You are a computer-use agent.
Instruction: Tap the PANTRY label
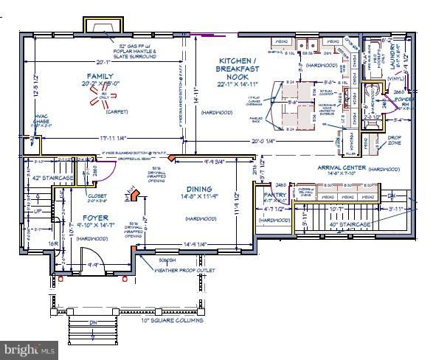[x=275, y=195]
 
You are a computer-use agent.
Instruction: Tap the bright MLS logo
[x=30, y=347]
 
